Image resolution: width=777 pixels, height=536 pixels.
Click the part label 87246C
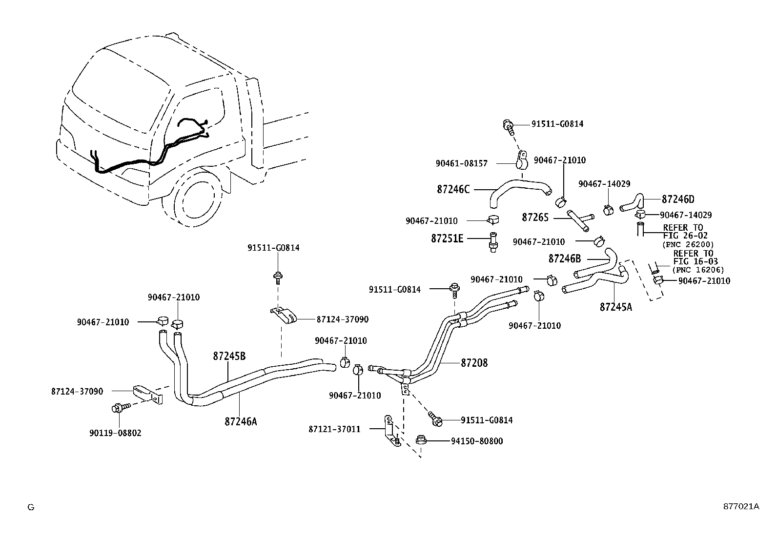point(453,189)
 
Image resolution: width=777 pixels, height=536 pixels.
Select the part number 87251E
point(447,238)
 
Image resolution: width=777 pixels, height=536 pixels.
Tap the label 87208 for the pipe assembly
point(474,363)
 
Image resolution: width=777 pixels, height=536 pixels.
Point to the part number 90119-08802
point(115,433)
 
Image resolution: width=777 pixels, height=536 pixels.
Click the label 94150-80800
point(476,441)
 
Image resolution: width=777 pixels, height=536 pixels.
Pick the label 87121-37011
point(334,429)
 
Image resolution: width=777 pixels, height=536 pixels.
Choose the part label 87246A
point(240,421)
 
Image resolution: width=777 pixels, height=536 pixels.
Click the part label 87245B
point(229,356)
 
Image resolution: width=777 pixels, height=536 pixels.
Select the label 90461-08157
point(461,164)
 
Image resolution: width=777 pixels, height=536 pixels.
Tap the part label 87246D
point(678,199)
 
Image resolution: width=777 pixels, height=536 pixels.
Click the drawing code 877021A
point(741,506)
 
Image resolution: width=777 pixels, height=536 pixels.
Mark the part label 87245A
point(615,307)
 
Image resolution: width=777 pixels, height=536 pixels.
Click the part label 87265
point(535,218)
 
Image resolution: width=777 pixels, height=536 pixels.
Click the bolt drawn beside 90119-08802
point(120,407)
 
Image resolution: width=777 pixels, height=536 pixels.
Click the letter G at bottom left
point(31,507)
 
